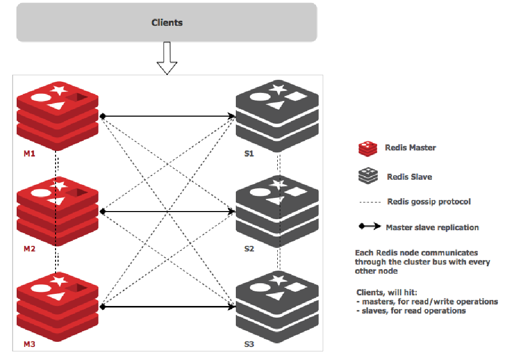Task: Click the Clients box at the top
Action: point(167,22)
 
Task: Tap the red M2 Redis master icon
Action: point(57,211)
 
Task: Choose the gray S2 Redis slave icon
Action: point(277,211)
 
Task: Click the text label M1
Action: point(29,153)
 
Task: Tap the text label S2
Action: point(249,249)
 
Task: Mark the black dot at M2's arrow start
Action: point(103,212)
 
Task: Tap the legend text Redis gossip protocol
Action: point(429,201)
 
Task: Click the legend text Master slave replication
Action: point(432,227)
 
